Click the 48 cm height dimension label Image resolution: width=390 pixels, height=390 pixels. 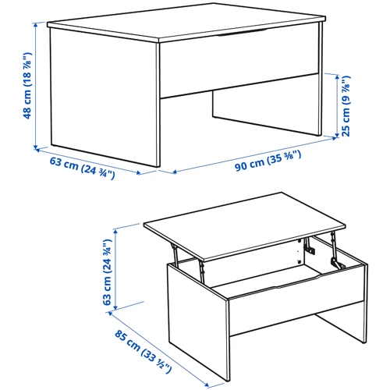(27, 86)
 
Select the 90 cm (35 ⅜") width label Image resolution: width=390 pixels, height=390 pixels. (268, 161)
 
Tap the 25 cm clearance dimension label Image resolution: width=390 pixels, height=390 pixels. (346, 106)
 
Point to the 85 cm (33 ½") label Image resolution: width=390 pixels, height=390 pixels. (143, 352)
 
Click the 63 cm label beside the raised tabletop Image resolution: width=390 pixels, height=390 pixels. (108, 272)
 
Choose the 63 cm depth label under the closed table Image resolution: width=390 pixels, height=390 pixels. (82, 168)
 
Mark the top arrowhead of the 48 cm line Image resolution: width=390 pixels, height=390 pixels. (35, 25)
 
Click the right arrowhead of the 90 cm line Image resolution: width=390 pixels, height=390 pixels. (334, 138)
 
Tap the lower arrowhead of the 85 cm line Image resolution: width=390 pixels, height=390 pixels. (207, 385)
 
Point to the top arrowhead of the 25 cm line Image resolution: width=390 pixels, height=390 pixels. (337, 77)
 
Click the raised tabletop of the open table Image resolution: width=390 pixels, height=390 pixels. (245, 226)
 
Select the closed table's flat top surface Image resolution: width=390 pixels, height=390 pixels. (186, 22)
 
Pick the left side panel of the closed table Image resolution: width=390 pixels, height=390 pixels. (105, 97)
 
